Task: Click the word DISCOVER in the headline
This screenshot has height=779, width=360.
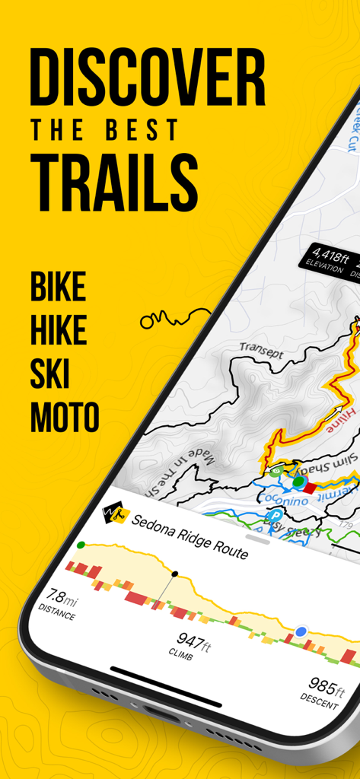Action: [148, 79]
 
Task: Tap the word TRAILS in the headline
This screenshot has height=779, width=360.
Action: [114, 180]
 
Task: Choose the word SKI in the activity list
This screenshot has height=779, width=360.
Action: [50, 374]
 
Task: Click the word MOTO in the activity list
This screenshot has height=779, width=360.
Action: [65, 417]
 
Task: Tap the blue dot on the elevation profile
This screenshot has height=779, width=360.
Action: [301, 631]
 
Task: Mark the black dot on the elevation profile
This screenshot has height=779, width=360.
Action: [175, 574]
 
